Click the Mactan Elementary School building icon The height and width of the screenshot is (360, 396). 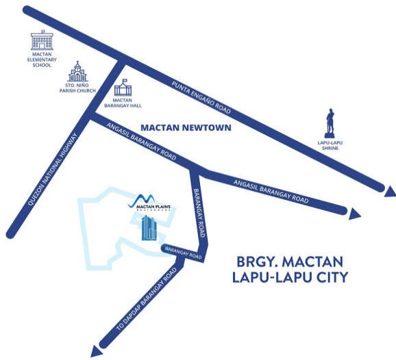tap(42, 40)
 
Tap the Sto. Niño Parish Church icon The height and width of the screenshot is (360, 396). tap(77, 71)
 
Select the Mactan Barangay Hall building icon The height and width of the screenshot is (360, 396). tap(123, 88)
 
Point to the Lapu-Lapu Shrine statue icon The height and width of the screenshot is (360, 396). tap(330, 123)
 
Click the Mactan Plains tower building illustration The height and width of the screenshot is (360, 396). tap(149, 227)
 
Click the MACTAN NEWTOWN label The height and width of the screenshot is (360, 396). tap(186, 128)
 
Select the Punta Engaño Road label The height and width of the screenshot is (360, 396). tap(201, 97)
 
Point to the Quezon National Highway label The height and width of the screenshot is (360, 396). tap(53, 169)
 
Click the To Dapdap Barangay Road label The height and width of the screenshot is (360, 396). tap(147, 300)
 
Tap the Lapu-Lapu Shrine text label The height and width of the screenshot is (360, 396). tap(330, 145)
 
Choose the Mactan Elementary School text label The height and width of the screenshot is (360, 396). tap(42, 60)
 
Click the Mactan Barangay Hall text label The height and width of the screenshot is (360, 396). tap(123, 103)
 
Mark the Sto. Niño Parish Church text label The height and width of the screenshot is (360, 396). tap(77, 88)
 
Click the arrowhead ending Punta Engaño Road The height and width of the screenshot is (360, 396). tap(389, 192)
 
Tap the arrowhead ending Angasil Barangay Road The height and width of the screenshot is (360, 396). tap(355, 214)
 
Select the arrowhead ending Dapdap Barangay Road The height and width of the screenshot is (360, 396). tap(96, 351)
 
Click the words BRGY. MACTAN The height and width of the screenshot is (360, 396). tap(290, 262)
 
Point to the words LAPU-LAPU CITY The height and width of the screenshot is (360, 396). tap(290, 277)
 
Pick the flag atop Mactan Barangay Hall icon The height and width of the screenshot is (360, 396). tap(125, 81)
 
